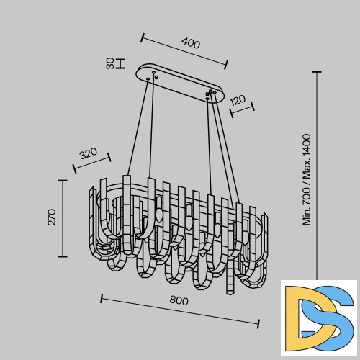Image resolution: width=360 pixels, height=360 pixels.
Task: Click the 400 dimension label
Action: click(x=191, y=43)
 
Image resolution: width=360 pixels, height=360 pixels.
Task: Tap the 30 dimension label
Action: click(x=110, y=63)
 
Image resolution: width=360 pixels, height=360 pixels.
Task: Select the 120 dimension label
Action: click(x=238, y=100)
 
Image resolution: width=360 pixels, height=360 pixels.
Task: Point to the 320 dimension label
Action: click(x=89, y=153)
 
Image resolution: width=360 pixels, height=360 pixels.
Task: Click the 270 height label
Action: click(x=52, y=217)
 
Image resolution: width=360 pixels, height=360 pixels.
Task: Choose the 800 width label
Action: click(x=179, y=300)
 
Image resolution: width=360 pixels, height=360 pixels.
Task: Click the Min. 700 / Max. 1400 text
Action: click(x=307, y=179)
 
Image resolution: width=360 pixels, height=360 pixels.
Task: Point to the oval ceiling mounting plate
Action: click(x=181, y=84)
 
